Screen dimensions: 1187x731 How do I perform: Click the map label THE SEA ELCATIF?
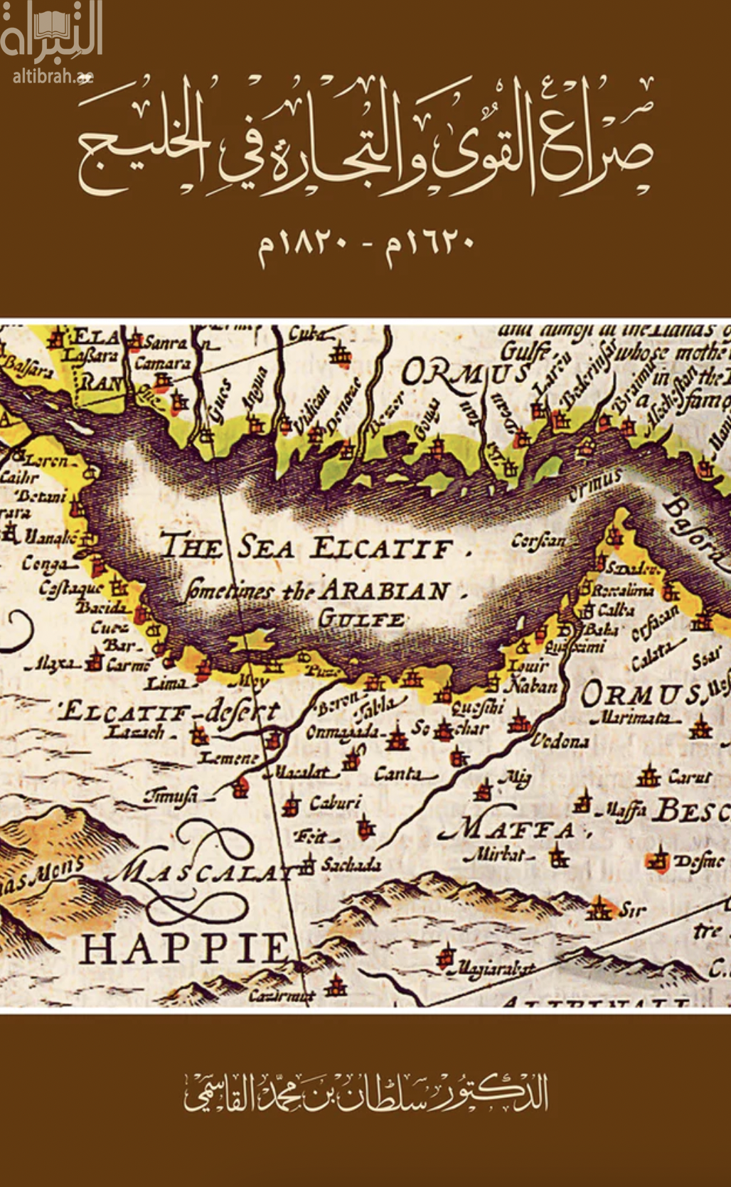[306, 548]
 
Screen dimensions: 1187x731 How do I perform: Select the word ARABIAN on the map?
[384, 591]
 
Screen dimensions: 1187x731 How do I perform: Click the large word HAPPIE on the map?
[183, 948]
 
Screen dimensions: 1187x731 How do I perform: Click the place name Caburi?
[335, 803]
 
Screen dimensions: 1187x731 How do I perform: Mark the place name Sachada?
[351, 864]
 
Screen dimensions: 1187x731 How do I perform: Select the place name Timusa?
[170, 795]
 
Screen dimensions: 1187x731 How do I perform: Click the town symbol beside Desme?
[658, 860]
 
